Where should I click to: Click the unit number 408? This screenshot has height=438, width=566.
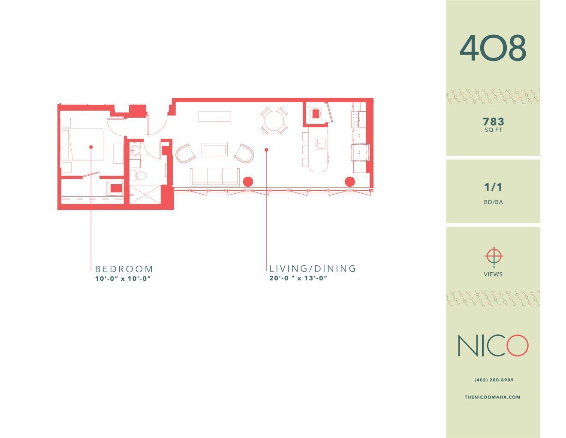(x=493, y=48)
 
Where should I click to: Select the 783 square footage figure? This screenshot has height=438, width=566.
(x=493, y=122)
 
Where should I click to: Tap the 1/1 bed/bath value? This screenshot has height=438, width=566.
(x=493, y=187)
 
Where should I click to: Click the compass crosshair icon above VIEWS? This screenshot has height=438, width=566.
(x=494, y=256)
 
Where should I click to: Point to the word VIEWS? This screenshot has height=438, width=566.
(x=493, y=274)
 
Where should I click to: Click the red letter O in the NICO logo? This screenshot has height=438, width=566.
(x=518, y=346)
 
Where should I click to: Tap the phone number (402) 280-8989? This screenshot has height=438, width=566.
(x=494, y=380)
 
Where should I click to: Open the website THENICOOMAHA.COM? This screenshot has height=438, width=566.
(x=493, y=397)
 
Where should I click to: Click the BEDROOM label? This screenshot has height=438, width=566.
(x=124, y=269)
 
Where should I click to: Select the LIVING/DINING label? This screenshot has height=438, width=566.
(x=313, y=269)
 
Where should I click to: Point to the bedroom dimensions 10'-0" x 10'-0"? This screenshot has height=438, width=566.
(x=123, y=279)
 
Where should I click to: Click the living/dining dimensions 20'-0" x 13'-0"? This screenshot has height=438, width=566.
(x=298, y=278)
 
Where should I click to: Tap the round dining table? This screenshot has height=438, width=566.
(x=274, y=120)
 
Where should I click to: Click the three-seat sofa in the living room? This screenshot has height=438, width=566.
(x=214, y=176)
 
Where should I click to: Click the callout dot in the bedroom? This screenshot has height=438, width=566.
(x=91, y=147)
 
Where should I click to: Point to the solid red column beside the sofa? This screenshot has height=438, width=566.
(x=247, y=182)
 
